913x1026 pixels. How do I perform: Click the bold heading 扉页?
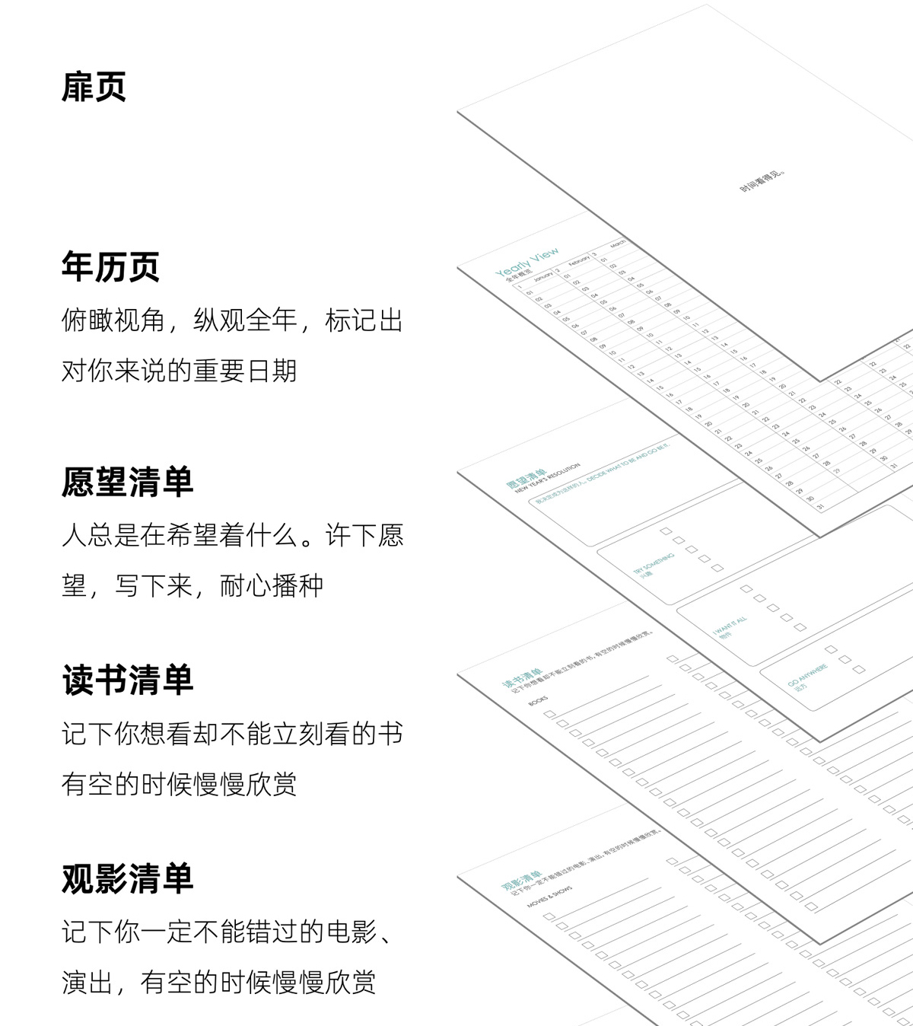tap(94, 87)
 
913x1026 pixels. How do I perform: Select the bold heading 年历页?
tap(110, 267)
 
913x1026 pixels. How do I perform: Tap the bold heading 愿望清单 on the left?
tap(127, 483)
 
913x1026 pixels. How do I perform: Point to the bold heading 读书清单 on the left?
tap(127, 680)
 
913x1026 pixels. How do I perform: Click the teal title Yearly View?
tap(526, 262)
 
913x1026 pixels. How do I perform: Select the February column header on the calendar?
tap(579, 260)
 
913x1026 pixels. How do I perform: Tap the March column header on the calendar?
tap(617, 244)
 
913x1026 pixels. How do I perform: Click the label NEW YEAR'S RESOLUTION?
tap(547, 478)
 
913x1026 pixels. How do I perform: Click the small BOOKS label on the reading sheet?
tap(538, 700)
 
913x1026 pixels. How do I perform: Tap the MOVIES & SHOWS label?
tap(549, 902)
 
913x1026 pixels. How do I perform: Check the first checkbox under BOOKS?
tap(549, 714)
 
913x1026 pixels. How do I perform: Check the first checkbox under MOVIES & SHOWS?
tap(549, 916)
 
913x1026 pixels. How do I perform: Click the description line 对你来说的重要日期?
tap(179, 371)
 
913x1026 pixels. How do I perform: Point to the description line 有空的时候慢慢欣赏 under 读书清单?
tap(179, 785)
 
